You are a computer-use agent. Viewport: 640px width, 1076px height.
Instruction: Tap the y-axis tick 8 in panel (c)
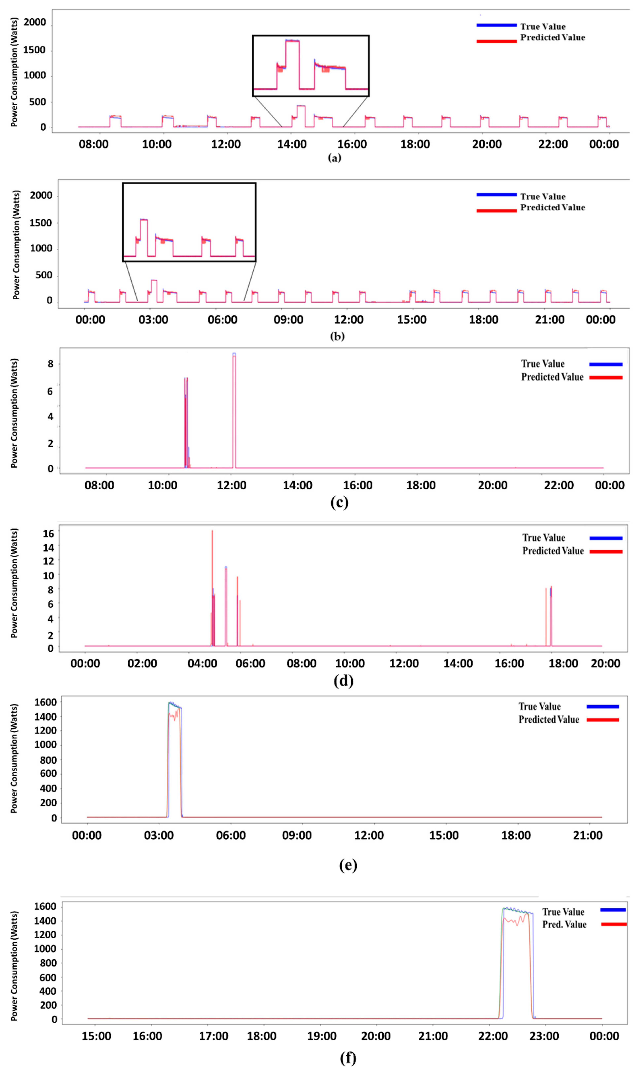tap(51, 364)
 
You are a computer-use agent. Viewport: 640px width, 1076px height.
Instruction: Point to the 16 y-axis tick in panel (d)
tap(48, 533)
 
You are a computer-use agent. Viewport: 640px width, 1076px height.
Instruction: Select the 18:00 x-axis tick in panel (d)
tap(563, 663)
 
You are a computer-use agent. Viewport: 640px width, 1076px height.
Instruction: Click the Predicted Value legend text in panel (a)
tap(552, 37)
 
